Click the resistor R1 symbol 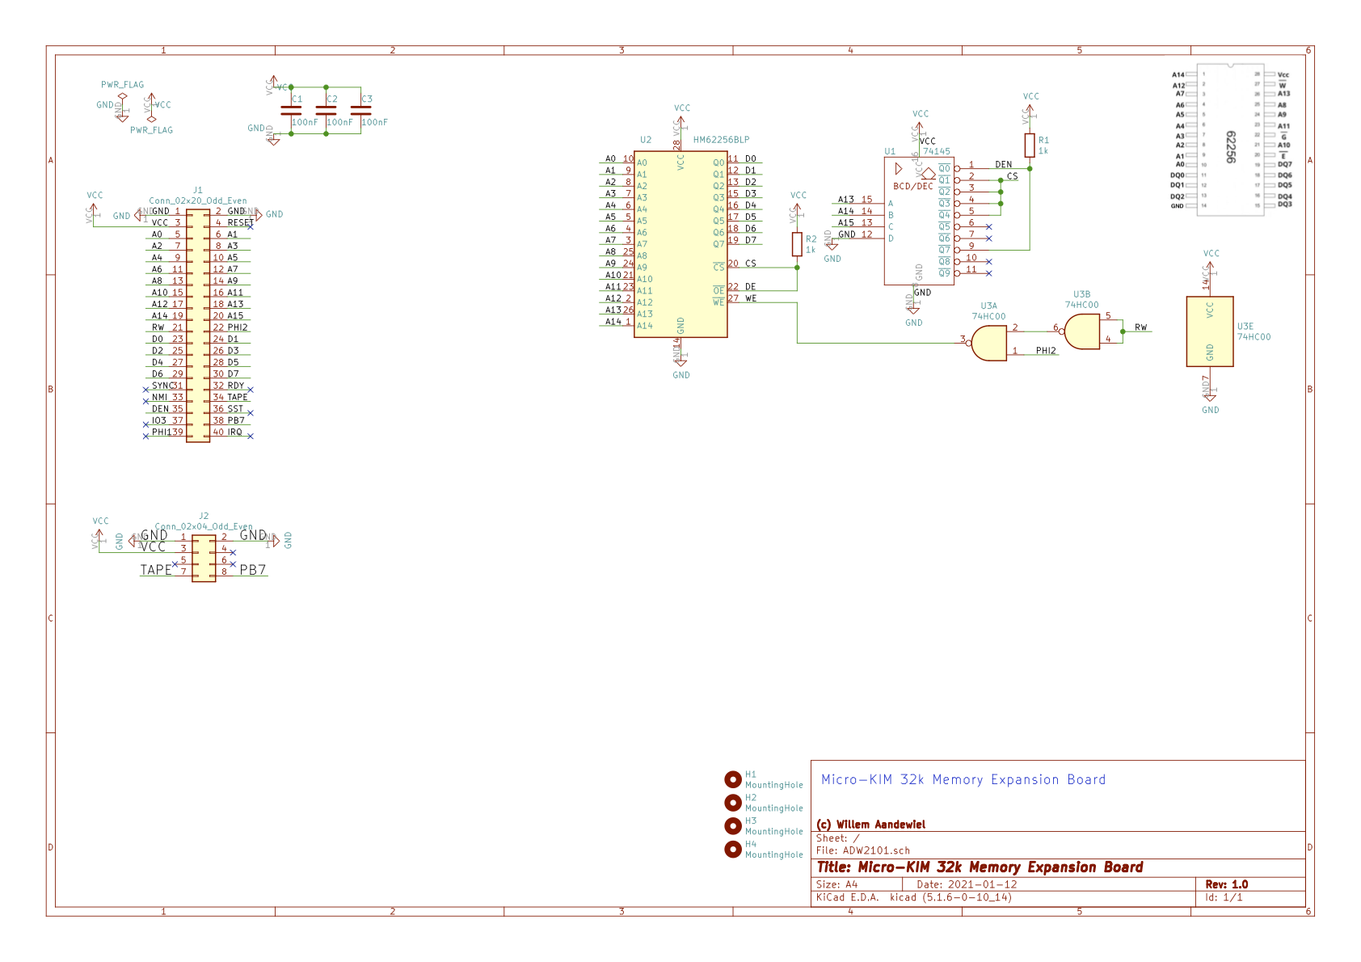1029,146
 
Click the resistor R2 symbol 797,244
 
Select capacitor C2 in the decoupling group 326,110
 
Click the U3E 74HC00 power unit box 1209,331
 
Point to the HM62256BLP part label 721,140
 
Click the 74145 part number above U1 936,151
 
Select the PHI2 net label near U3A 1046,351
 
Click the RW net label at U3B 1140,327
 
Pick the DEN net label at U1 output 1003,164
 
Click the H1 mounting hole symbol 733,779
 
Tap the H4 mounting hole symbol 733,849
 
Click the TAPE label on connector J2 156,570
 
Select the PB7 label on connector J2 253,570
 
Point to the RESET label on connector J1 240,222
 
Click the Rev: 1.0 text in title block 1226,884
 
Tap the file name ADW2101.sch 876,850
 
